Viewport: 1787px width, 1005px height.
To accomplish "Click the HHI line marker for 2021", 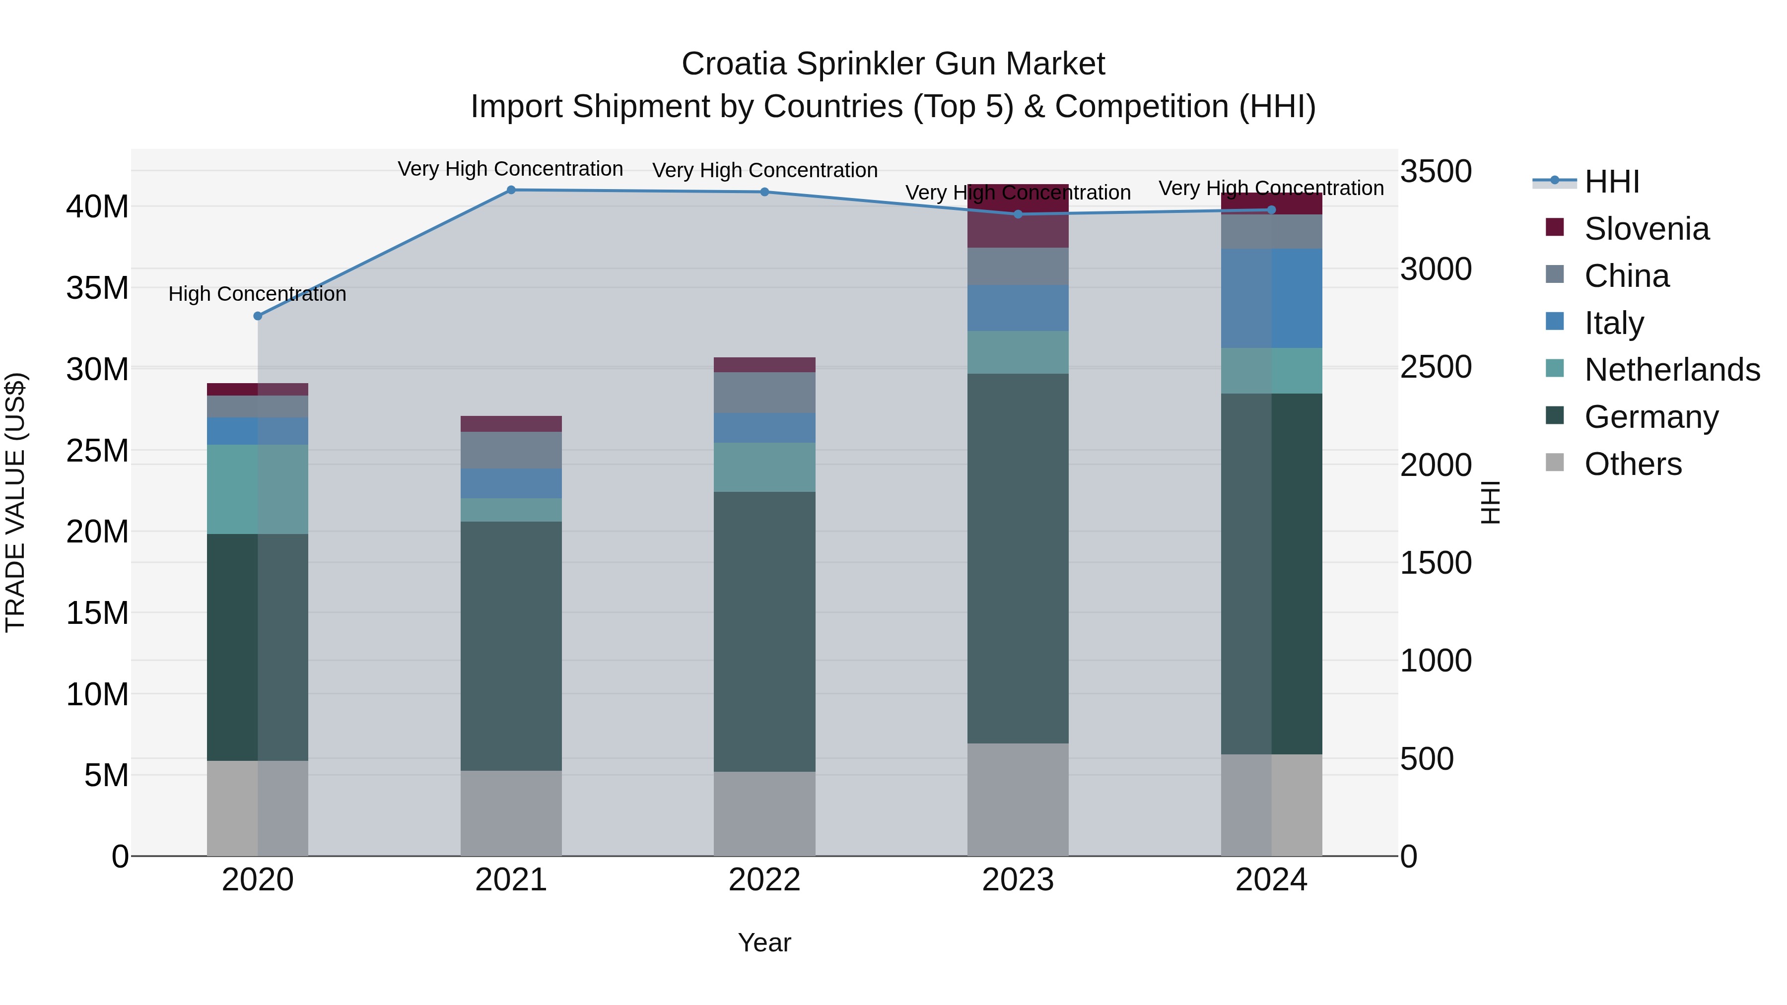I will point(511,190).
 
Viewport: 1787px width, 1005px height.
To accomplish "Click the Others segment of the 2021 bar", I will point(511,813).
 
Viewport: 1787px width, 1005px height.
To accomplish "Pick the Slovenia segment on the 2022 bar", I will point(764,365).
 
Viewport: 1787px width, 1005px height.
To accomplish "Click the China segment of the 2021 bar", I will point(511,450).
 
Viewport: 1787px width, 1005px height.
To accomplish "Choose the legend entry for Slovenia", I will point(1646,229).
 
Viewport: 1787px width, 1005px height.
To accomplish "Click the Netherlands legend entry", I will point(1672,370).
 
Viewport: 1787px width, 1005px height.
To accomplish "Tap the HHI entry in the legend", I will point(1611,182).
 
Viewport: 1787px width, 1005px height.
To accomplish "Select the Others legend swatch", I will point(1555,463).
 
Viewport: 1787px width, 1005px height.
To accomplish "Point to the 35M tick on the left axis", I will point(97,288).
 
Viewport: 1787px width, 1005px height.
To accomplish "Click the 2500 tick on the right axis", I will point(1435,367).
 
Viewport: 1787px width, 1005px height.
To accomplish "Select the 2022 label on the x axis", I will point(764,880).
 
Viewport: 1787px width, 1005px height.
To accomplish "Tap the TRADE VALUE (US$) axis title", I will point(15,502).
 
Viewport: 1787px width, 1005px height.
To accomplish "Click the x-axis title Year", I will point(764,942).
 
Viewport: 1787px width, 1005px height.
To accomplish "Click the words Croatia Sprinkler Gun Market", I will point(893,64).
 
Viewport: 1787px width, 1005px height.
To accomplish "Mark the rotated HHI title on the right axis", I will point(1490,502).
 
